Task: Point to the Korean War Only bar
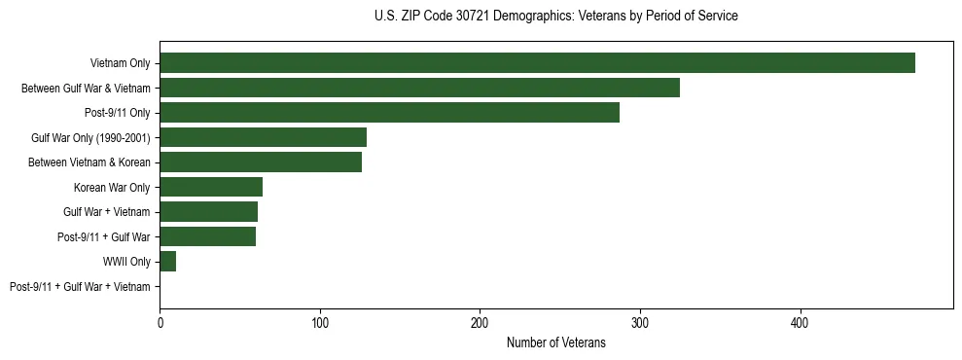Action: pyautogui.click(x=211, y=187)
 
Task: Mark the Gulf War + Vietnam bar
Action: pyautogui.click(x=208, y=211)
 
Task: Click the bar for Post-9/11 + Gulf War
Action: pyautogui.click(x=207, y=236)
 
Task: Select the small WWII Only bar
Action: pyautogui.click(x=167, y=261)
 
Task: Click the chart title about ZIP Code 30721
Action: pyautogui.click(x=555, y=17)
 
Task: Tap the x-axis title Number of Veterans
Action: pyautogui.click(x=555, y=342)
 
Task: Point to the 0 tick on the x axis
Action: pyautogui.click(x=160, y=322)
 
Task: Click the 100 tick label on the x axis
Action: pyautogui.click(x=320, y=322)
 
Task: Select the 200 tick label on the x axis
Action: pyautogui.click(x=480, y=322)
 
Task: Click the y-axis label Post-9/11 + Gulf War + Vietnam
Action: pyautogui.click(x=80, y=286)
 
